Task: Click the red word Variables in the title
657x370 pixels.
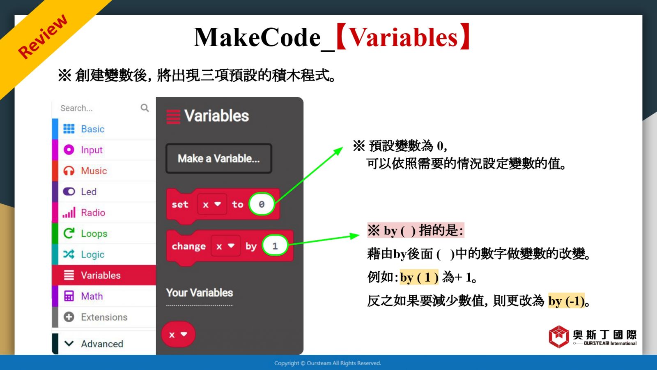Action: (x=404, y=37)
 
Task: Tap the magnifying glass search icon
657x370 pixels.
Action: (x=145, y=108)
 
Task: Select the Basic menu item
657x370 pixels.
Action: (x=93, y=129)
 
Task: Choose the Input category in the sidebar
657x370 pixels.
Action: (x=92, y=150)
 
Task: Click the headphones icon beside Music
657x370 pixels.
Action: (x=69, y=171)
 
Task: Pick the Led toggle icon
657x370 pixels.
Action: (x=69, y=192)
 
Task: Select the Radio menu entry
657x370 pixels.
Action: (x=93, y=213)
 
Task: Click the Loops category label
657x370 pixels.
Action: (x=94, y=234)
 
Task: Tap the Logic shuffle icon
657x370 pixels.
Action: (x=69, y=254)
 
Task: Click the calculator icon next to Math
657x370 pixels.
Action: (x=69, y=296)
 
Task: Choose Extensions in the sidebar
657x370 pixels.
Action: (x=104, y=317)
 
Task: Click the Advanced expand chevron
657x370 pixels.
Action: (x=69, y=344)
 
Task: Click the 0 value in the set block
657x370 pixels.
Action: (x=261, y=204)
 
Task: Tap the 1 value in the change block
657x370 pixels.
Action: (x=275, y=245)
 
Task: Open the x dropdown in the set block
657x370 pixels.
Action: (x=212, y=204)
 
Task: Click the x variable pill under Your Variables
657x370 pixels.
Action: (x=178, y=334)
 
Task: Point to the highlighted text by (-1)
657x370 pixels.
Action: (x=566, y=301)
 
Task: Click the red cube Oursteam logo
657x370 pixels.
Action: (x=559, y=337)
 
